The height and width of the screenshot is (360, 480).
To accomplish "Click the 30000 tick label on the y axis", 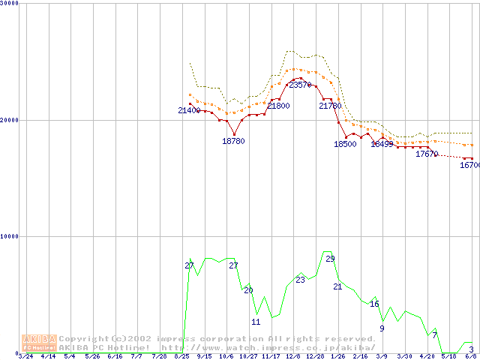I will click(x=9, y=3).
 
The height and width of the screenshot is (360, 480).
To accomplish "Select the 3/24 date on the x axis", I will click(x=25, y=356).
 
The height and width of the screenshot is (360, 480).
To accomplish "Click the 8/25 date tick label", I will click(x=181, y=356).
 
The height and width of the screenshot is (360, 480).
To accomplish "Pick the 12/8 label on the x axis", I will click(x=293, y=356).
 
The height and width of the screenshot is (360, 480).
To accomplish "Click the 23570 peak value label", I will click(x=300, y=85).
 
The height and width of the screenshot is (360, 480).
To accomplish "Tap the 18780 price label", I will click(x=233, y=141).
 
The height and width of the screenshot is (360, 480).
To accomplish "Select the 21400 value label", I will click(x=189, y=111).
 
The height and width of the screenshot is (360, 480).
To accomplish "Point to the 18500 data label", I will click(x=345, y=144).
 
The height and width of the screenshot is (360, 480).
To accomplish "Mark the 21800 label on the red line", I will click(x=278, y=106).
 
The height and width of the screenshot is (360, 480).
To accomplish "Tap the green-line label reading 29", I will click(x=330, y=259).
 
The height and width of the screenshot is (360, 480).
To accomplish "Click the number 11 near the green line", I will click(x=255, y=322).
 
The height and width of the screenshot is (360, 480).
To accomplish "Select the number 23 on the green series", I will click(x=300, y=280).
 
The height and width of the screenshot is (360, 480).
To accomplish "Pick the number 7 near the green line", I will click(x=434, y=334).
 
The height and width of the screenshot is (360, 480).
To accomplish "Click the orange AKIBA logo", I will click(x=39, y=343).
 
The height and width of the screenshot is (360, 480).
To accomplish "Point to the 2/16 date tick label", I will click(x=360, y=356).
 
